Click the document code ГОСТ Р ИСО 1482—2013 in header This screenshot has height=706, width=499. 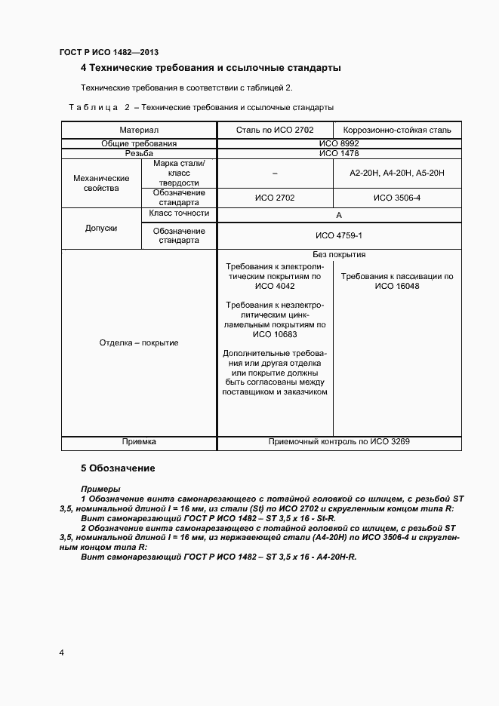[x=109, y=52]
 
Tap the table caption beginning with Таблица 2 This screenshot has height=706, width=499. [x=201, y=107]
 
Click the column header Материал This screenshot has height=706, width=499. [x=139, y=130]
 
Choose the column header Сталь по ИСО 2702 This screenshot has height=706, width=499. [x=275, y=130]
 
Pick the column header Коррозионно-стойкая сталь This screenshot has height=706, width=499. [x=397, y=130]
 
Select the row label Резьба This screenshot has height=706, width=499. [x=139, y=153]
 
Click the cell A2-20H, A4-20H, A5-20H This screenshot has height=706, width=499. [x=397, y=173]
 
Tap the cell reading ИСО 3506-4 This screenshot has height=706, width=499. [x=397, y=198]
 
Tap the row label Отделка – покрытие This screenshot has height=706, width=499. [x=139, y=342]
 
